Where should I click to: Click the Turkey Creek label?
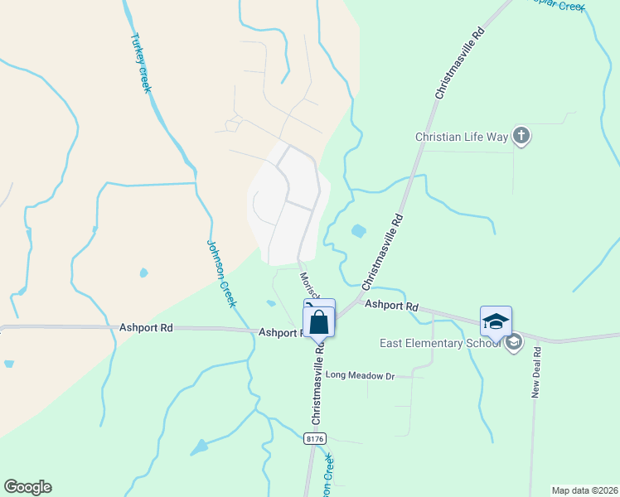pyautogui.click(x=140, y=63)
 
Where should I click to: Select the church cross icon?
pyautogui.click(x=521, y=135)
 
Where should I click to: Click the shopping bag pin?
pyautogui.click(x=320, y=322)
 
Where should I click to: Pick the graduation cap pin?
pyautogui.click(x=496, y=321)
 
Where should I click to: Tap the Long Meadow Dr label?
pyautogui.click(x=360, y=375)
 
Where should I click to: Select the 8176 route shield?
pyautogui.click(x=314, y=438)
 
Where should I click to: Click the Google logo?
pyautogui.click(x=27, y=487)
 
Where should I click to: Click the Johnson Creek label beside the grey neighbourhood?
pyautogui.click(x=221, y=273)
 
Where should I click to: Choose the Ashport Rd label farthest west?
pyautogui.click(x=146, y=328)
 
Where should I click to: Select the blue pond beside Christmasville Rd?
pyautogui.click(x=359, y=231)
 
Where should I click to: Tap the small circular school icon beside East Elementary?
pyautogui.click(x=513, y=342)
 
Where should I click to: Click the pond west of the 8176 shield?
pyautogui.click(x=200, y=448)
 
